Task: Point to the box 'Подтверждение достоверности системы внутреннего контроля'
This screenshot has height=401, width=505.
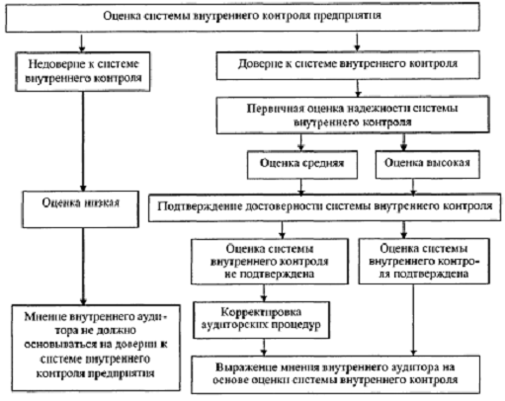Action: click(x=326, y=209)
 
